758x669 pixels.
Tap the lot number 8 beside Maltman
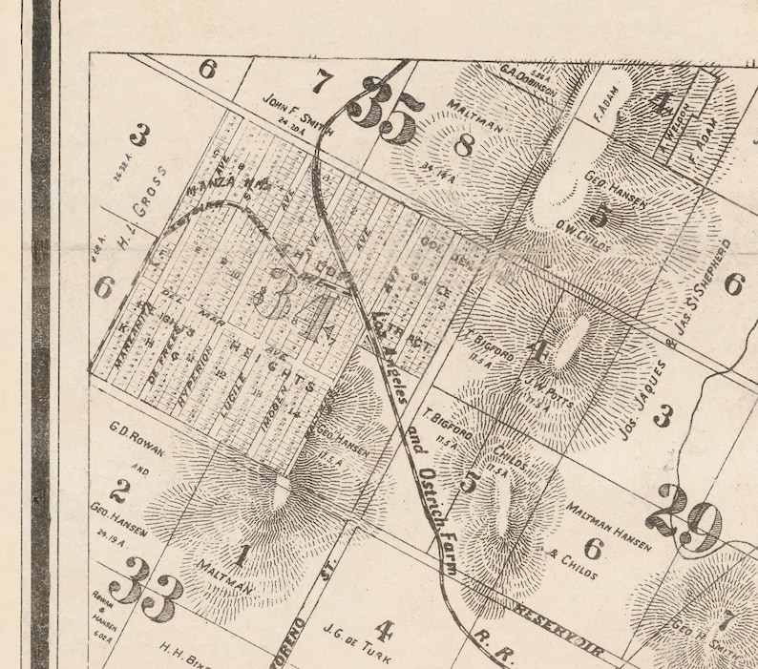(x=465, y=146)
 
